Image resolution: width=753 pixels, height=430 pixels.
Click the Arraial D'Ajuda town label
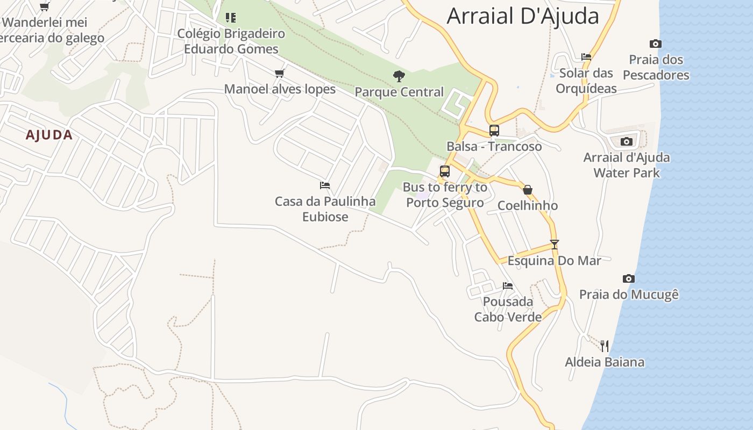(x=523, y=16)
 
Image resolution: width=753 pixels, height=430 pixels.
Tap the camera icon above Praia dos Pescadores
(x=655, y=44)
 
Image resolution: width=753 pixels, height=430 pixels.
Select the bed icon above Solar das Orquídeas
(x=586, y=56)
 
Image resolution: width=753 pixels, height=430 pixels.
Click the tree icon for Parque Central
(x=399, y=76)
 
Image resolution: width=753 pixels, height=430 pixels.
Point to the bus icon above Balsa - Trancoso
(x=494, y=130)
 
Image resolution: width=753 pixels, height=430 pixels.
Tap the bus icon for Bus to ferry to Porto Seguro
(x=444, y=171)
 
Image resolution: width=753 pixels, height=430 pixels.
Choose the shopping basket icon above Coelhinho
(x=528, y=190)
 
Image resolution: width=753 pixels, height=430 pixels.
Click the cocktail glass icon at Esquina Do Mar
(x=555, y=244)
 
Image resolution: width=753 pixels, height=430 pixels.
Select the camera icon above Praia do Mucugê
(x=628, y=278)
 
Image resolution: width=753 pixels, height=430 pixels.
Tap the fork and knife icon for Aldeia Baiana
(x=605, y=346)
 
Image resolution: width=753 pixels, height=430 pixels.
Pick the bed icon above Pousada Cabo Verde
(x=507, y=285)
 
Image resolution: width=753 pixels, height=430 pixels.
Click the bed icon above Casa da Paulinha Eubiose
(x=324, y=185)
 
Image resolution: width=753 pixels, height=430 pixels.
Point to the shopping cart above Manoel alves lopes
(x=279, y=74)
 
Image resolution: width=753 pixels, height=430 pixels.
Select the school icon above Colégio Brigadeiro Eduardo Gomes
(x=231, y=18)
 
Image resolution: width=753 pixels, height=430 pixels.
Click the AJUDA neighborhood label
(x=49, y=135)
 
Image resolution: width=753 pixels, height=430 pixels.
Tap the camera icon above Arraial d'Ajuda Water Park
(x=626, y=141)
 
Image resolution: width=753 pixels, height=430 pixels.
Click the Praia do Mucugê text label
(x=629, y=295)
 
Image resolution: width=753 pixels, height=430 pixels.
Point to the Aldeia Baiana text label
(x=605, y=362)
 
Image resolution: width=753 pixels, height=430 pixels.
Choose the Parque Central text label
(x=399, y=92)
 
